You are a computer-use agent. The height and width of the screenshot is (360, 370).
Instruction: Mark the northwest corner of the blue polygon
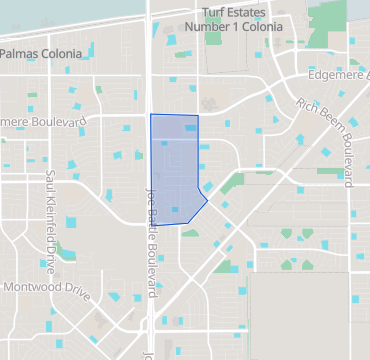point(151,115)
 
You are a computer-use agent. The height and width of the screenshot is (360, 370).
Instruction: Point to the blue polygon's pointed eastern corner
point(207,199)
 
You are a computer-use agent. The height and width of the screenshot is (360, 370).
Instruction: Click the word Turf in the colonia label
point(213,11)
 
